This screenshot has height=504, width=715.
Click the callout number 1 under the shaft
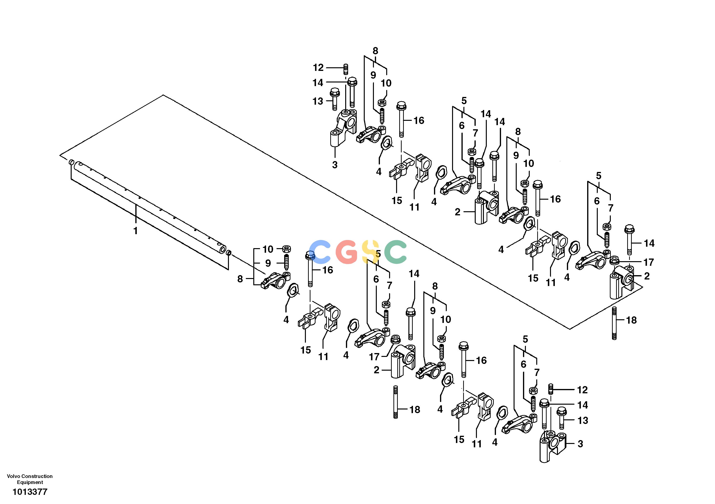click(136, 231)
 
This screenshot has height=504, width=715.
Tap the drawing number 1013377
click(30, 492)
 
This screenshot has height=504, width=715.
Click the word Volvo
click(13, 476)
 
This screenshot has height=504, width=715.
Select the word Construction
click(37, 476)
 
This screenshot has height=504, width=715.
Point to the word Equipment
click(30, 483)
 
